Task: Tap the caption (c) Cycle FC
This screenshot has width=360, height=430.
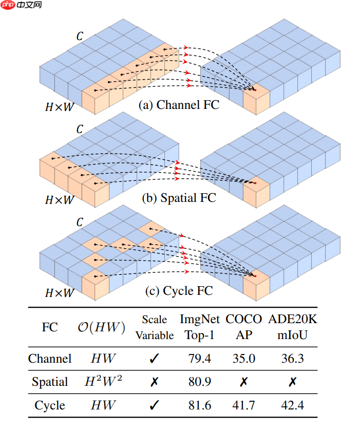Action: tap(179, 291)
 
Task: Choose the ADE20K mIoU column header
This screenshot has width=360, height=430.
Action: tap(293, 327)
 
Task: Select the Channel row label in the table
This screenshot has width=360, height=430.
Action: tap(50, 358)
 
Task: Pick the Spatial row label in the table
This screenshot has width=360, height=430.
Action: tap(50, 382)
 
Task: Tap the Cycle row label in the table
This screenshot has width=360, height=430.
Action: tap(50, 405)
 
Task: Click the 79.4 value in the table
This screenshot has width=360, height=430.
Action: tap(200, 358)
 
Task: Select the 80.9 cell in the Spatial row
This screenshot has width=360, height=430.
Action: tap(200, 382)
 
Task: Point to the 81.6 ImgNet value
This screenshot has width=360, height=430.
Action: tap(200, 405)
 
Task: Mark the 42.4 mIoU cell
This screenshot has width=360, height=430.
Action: tap(293, 405)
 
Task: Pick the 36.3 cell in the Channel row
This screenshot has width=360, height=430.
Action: tap(293, 358)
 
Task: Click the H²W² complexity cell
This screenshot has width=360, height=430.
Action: tap(104, 381)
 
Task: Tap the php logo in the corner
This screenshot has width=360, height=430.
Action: tap(8, 6)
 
